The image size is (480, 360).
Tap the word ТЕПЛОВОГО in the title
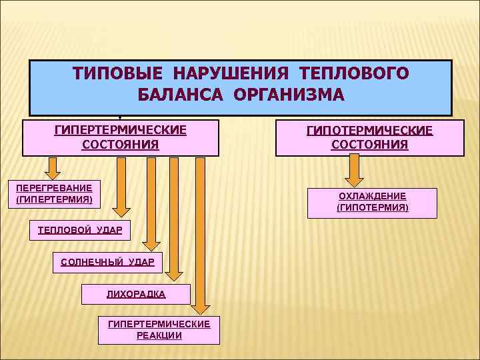[x=355, y=72]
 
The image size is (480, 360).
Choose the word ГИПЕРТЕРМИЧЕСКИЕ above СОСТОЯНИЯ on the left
[x=120, y=129]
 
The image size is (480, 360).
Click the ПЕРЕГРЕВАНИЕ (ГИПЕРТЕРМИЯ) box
[x=54, y=193]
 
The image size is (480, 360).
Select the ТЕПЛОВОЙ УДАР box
[x=80, y=230]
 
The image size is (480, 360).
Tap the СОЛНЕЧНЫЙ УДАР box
[x=107, y=262]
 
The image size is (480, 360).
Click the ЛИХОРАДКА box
[x=136, y=294]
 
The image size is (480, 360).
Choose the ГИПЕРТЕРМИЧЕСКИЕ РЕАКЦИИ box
[x=159, y=329]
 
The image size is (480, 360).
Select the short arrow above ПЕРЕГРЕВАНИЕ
[x=53, y=167]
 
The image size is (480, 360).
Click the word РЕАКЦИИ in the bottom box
[x=159, y=335]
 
